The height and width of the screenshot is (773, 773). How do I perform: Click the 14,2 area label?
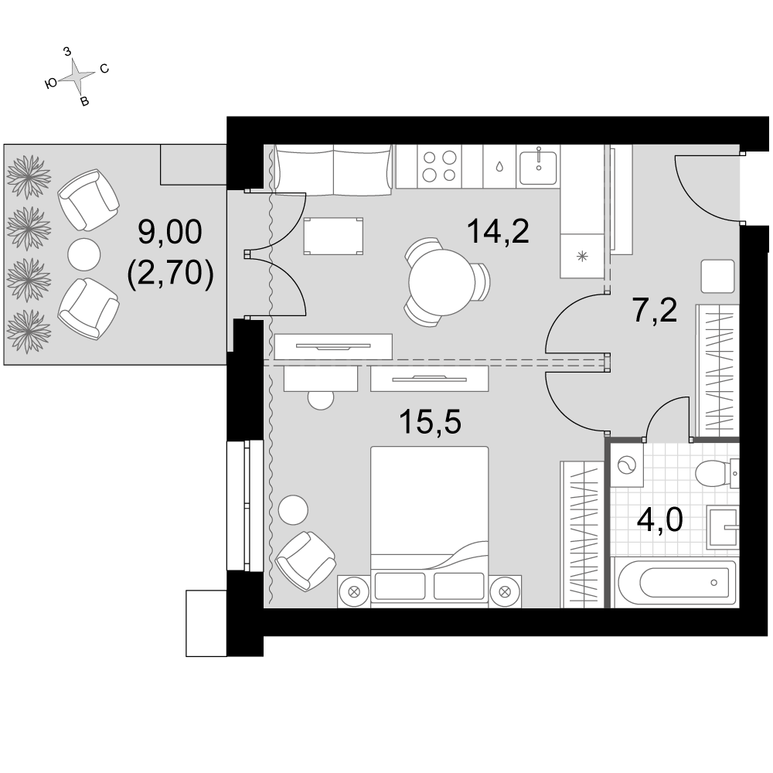[498, 231]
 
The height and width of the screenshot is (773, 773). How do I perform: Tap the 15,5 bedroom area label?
[430, 422]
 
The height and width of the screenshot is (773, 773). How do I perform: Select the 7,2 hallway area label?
[655, 310]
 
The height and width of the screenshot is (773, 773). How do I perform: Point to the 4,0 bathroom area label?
[659, 519]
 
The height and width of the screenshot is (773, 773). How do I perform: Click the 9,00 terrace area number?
[169, 231]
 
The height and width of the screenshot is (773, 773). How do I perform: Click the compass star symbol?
[77, 76]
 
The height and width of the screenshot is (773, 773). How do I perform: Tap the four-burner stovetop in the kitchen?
[439, 166]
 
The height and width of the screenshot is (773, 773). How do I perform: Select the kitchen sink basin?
[538, 167]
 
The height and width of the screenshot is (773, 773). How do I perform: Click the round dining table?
[441, 282]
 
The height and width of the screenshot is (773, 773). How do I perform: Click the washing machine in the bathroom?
[627, 465]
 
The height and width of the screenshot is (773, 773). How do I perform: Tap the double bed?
[429, 526]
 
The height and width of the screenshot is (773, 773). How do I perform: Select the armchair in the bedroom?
[305, 561]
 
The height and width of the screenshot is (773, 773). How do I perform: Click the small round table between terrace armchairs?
[83, 254]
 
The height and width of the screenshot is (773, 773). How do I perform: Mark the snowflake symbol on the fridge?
[583, 257]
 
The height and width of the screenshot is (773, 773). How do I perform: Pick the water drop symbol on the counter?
[499, 167]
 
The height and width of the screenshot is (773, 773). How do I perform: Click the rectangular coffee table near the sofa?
[333, 236]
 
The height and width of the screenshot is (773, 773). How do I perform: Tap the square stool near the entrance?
[717, 276]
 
